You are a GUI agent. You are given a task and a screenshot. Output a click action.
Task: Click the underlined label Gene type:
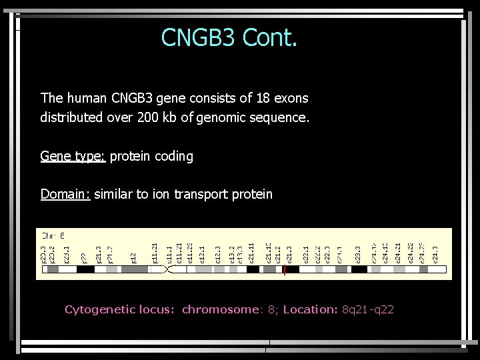point(73,157)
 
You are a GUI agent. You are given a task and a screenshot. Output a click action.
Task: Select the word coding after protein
point(172,157)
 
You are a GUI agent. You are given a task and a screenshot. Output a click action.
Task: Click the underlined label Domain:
point(65,195)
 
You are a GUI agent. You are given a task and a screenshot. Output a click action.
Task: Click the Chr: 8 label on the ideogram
point(53,235)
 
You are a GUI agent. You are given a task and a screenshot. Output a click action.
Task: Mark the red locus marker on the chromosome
point(284,270)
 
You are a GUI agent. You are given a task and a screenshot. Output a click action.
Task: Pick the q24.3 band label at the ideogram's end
point(435,254)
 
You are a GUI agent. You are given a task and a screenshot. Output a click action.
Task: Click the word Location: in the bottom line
point(310,309)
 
